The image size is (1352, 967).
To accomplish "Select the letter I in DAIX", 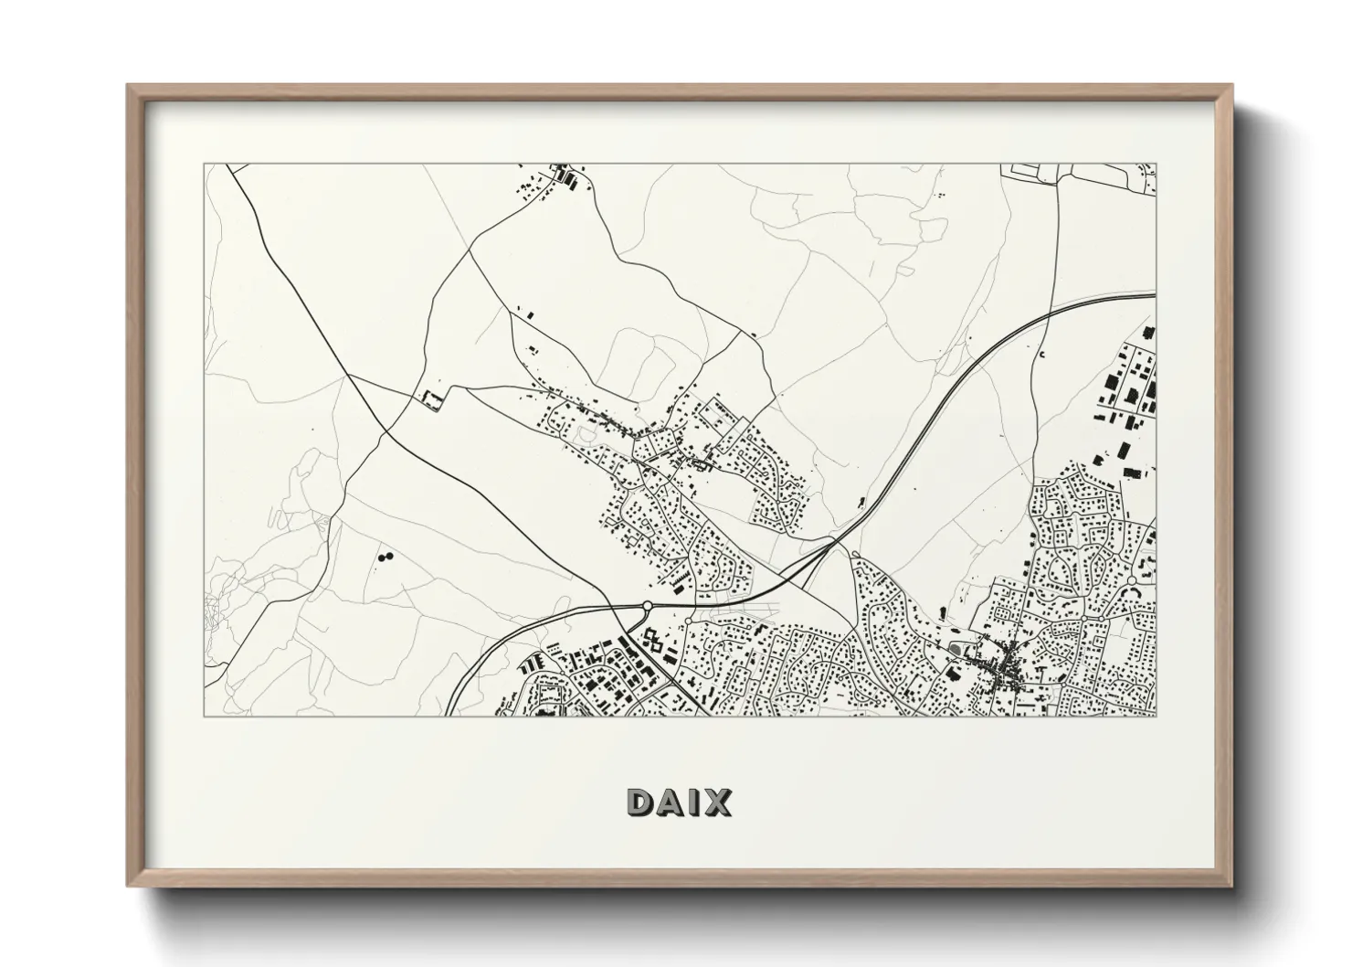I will (694, 802).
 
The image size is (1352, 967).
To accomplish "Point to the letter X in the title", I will (717, 802).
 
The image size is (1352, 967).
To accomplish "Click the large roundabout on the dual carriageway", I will (648, 605).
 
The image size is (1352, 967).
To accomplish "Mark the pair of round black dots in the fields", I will (383, 555).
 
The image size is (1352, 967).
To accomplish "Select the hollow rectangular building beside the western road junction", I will (428, 399).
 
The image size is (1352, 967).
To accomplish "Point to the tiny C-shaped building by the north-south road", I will (1041, 353).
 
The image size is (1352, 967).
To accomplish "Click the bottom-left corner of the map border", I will (204, 716).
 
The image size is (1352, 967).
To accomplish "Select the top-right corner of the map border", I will (1156, 165).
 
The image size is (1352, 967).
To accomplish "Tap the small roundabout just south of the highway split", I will (854, 554).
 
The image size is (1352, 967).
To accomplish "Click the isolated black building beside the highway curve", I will (861, 500).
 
